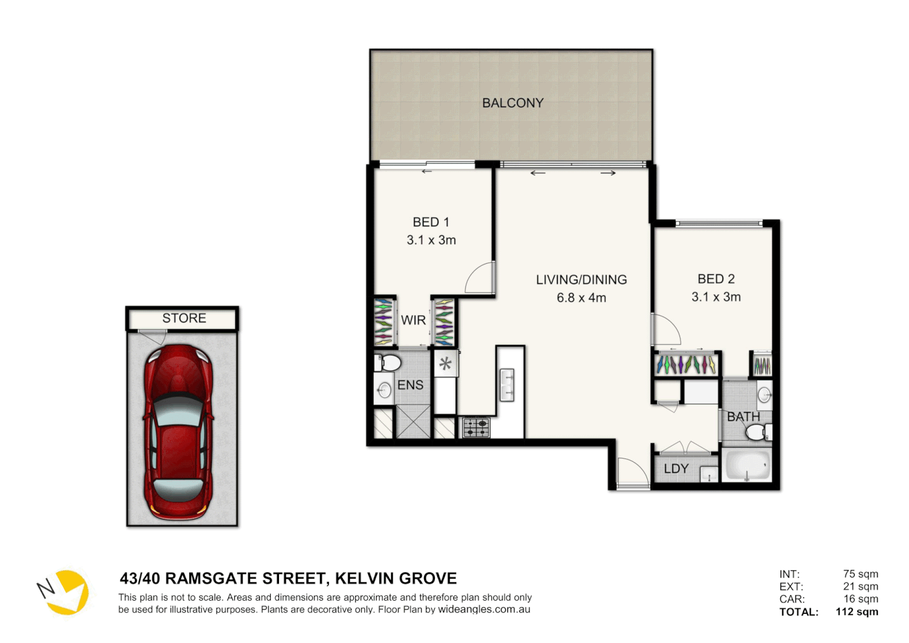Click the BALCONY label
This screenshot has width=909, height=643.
(x=512, y=103)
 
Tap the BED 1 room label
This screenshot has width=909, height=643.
(x=431, y=222)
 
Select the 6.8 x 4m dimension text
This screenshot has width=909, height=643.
(x=581, y=298)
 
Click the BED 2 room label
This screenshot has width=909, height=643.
(x=716, y=279)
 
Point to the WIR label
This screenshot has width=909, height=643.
(x=413, y=320)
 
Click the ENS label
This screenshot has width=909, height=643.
(x=410, y=385)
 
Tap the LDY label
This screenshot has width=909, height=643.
(x=676, y=469)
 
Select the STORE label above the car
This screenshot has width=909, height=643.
(x=184, y=319)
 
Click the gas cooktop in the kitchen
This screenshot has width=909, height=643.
(x=477, y=427)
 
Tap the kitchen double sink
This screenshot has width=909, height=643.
(x=507, y=385)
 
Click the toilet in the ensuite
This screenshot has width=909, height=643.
(x=388, y=362)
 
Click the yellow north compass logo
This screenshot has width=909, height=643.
(x=65, y=592)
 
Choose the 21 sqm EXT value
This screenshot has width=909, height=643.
(x=860, y=586)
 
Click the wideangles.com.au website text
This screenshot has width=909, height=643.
(x=484, y=610)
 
